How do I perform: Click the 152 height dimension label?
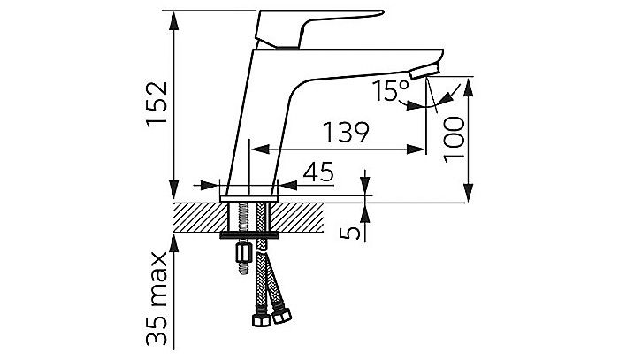point(157,104)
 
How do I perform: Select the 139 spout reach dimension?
point(346,133)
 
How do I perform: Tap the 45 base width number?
point(318,172)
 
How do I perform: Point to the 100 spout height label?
point(454,140)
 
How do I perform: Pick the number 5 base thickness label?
point(350,233)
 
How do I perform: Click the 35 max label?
point(157,299)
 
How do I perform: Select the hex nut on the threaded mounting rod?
point(243,253)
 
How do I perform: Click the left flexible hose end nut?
point(261,319)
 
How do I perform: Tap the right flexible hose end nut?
point(282,316)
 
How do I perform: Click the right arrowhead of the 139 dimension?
point(416,149)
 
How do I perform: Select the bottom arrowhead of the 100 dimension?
point(468,193)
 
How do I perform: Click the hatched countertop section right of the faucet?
point(297,218)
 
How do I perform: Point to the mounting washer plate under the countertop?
point(249,235)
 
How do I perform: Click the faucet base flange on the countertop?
point(249,198)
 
